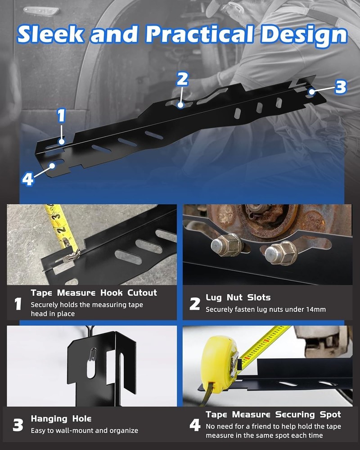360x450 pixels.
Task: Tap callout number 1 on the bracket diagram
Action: click(62, 116)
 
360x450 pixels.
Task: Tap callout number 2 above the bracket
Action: click(182, 80)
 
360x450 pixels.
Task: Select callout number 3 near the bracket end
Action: click(341, 87)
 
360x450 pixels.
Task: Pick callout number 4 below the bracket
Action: click(28, 179)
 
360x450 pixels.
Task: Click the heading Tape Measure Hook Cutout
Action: click(94, 293)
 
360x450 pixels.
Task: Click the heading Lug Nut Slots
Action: click(238, 297)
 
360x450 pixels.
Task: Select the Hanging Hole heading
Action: click(61, 419)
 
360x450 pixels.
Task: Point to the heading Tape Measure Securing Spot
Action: click(273, 414)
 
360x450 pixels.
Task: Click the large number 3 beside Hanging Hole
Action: click(18, 425)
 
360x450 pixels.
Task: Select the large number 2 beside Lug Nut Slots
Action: click(194, 304)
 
